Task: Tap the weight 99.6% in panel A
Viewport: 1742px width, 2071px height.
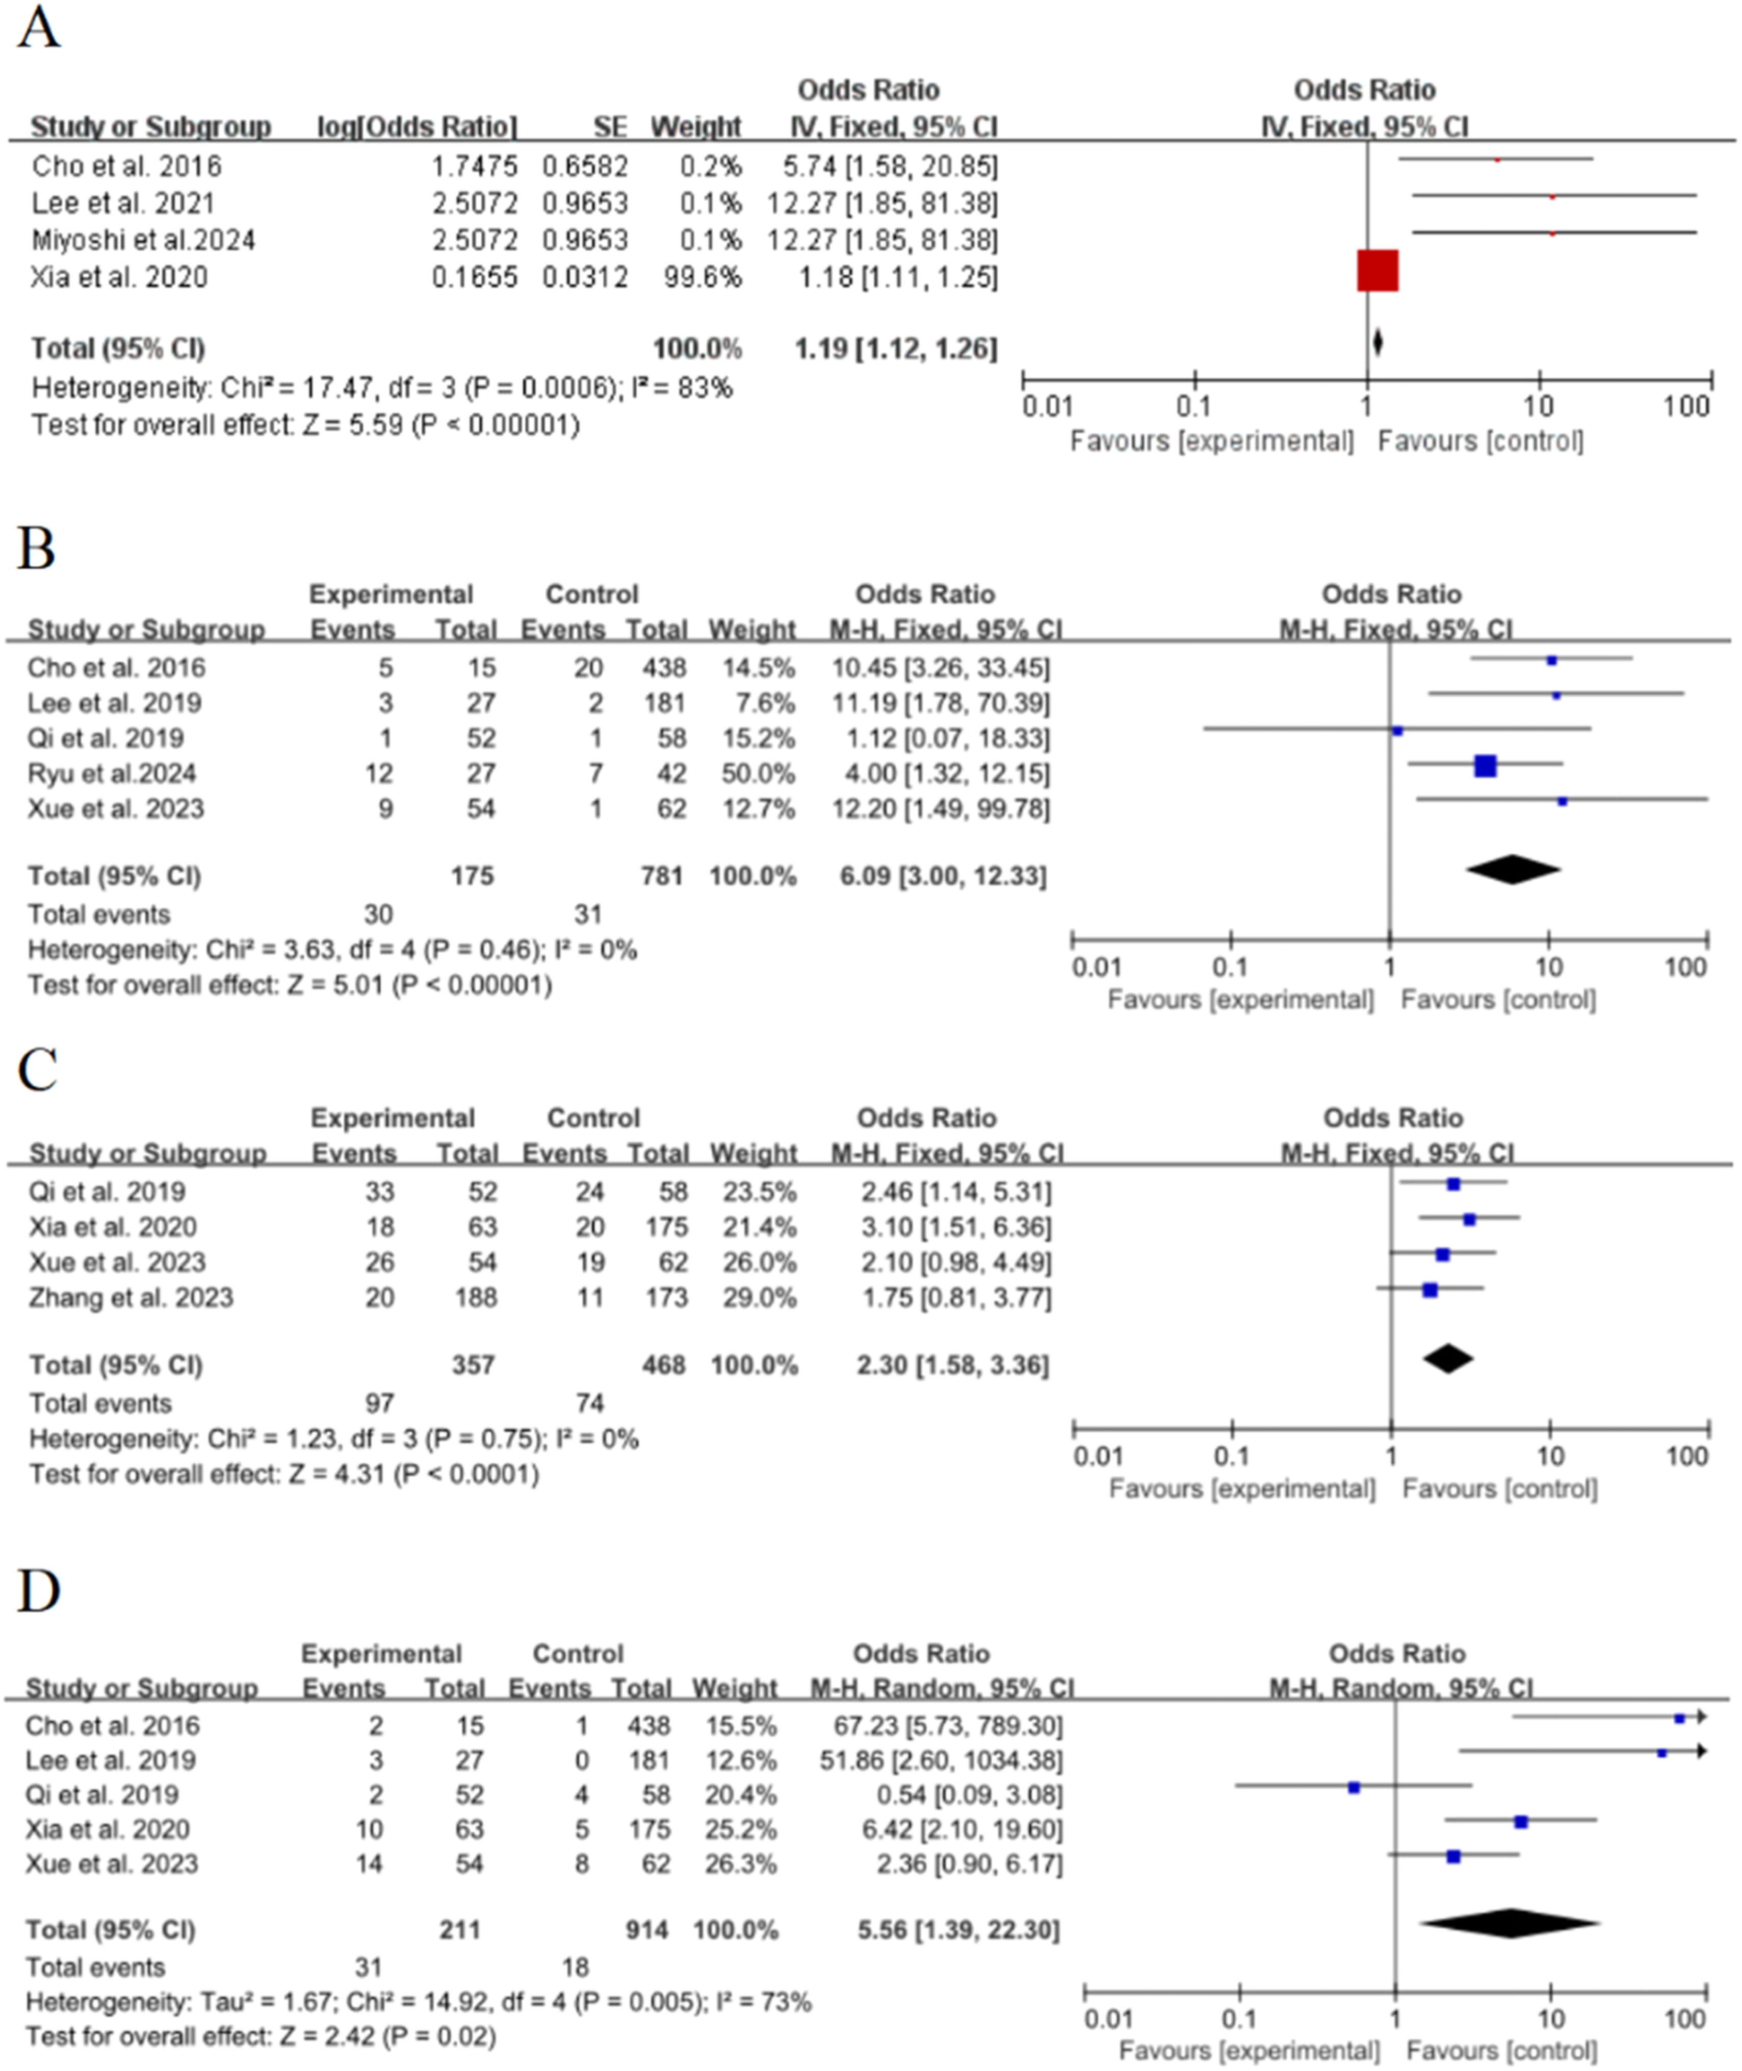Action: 703,277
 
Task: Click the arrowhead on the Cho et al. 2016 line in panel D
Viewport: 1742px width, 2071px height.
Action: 1702,1718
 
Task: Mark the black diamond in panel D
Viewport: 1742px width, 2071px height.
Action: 1509,1924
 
